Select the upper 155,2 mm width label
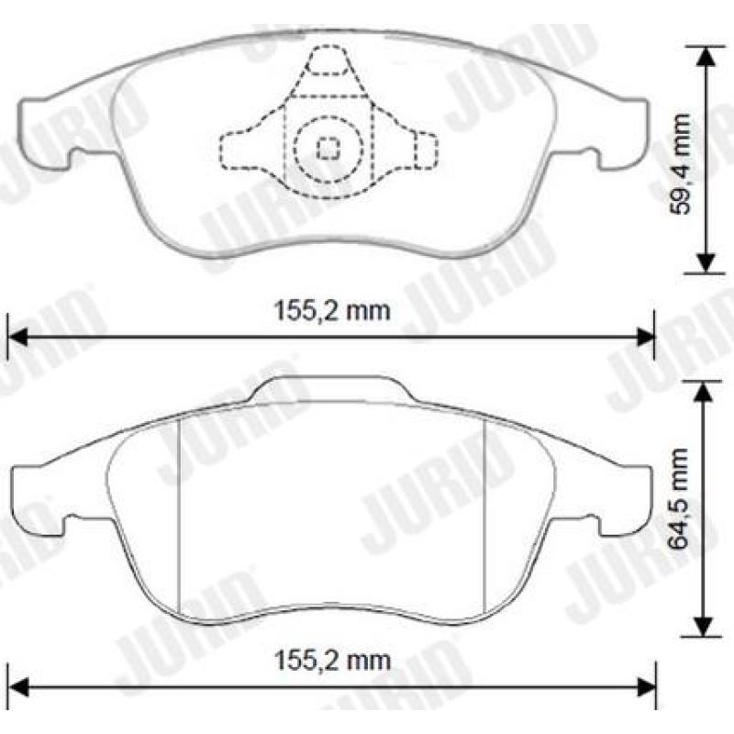point(332,310)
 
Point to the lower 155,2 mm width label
point(332,660)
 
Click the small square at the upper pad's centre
point(328,148)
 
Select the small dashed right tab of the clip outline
point(424,149)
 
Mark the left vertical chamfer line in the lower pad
point(178,514)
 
